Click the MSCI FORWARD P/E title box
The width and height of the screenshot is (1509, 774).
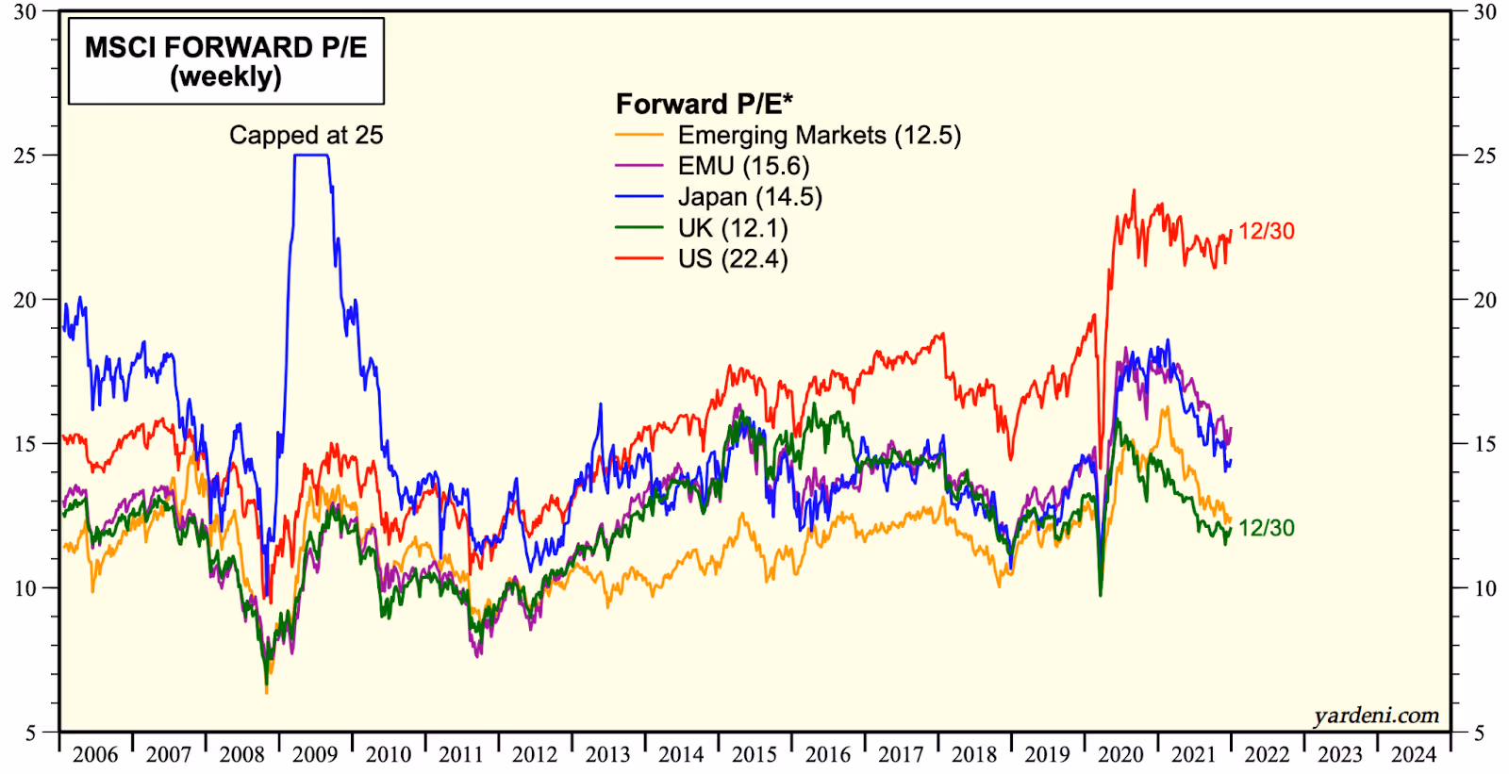(x=226, y=61)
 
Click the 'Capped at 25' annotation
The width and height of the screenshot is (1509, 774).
(x=306, y=135)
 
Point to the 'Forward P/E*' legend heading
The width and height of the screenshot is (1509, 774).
(x=704, y=104)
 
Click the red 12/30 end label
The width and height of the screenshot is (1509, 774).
(x=1266, y=231)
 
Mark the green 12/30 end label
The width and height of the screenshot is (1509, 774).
(x=1266, y=528)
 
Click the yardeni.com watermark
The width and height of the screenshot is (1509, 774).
(x=1376, y=716)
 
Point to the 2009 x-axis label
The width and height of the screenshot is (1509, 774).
(x=315, y=755)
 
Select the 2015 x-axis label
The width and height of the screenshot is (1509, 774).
(x=754, y=755)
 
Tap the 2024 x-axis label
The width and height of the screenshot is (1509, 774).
(x=1413, y=755)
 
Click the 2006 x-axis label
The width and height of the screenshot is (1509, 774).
(x=95, y=755)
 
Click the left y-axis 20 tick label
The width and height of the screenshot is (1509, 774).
(x=25, y=300)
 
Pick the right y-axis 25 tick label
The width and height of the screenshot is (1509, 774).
(x=1484, y=156)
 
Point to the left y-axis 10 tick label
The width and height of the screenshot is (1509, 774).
(x=25, y=588)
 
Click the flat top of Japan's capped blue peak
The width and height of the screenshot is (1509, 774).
(x=311, y=156)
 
